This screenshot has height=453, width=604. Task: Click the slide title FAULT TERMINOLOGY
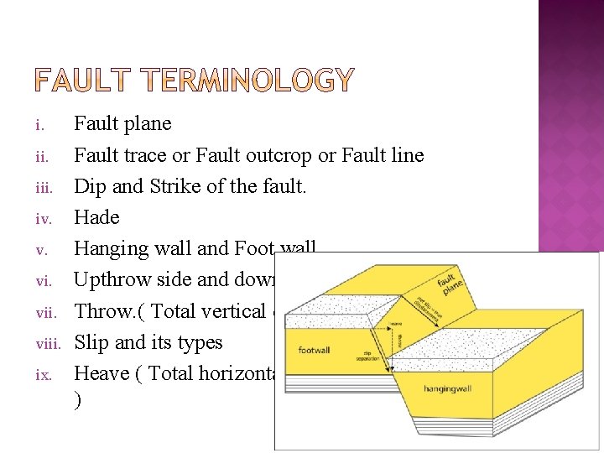[195, 81]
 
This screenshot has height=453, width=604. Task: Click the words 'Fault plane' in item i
[122, 124]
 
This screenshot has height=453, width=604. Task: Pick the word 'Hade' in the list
[96, 218]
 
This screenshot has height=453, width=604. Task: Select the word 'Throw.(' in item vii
[109, 311]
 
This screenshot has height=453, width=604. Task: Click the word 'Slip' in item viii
[91, 342]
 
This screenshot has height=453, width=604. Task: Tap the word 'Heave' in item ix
[100, 373]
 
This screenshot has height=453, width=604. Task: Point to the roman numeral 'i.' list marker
[39, 126]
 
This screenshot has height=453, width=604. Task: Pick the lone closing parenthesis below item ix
[78, 402]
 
